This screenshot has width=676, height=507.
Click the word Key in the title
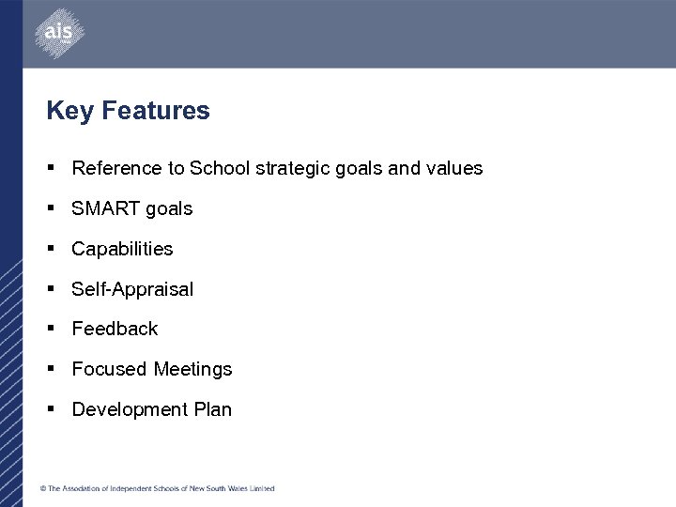[x=69, y=111]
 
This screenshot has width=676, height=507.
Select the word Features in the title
[x=156, y=111]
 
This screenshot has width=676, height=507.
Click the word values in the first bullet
[x=454, y=169]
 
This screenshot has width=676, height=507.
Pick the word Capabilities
[x=122, y=250]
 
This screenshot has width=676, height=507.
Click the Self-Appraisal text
[x=132, y=290]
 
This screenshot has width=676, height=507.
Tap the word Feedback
[x=115, y=330]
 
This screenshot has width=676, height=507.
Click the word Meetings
[x=192, y=370]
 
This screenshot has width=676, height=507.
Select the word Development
[x=130, y=410]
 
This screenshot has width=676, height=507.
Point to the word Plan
[x=212, y=410]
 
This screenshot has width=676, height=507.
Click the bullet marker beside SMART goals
[x=52, y=208]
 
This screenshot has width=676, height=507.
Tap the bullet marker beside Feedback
[x=52, y=329]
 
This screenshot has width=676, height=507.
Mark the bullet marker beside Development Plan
[x=52, y=409]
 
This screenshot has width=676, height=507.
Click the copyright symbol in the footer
[x=42, y=488]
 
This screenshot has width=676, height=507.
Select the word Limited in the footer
[x=262, y=488]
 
